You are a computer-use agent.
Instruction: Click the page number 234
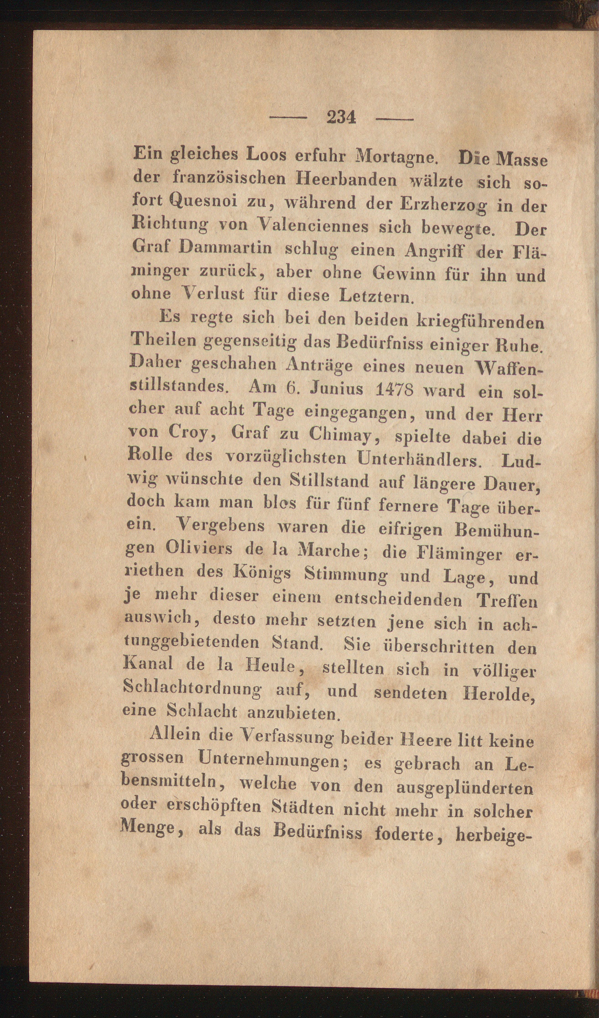click(x=341, y=118)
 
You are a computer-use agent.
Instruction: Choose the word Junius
click(x=336, y=389)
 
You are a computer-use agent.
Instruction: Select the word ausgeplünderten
click(x=464, y=788)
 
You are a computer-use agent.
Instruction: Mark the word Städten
click(x=306, y=809)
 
